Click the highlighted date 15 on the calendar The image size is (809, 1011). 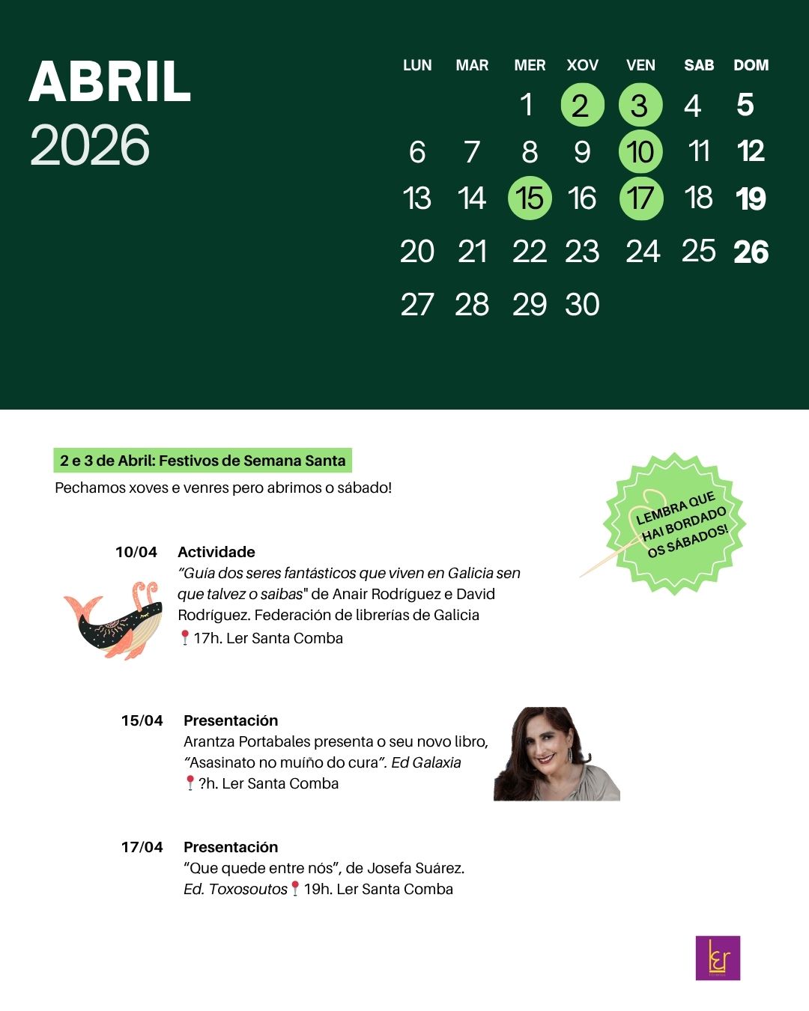point(530,198)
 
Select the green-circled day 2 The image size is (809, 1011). point(582,105)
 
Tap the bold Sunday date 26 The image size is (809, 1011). point(751,252)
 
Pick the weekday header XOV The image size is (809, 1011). point(582,65)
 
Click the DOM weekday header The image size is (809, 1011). point(751,65)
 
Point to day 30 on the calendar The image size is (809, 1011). point(582,305)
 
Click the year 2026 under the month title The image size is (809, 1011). point(90,145)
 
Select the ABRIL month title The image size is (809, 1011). point(110,82)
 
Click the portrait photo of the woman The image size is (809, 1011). point(557,754)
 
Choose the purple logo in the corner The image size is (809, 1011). point(718,958)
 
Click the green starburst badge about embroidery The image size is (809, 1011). point(675,523)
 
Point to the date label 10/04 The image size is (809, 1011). point(136,552)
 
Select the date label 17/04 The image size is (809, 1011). point(142,847)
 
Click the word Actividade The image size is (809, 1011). point(216,552)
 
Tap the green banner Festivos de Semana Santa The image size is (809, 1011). point(203,461)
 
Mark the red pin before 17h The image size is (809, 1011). point(185,637)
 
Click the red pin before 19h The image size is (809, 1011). point(295,888)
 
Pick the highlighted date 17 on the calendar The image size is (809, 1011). point(640,198)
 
